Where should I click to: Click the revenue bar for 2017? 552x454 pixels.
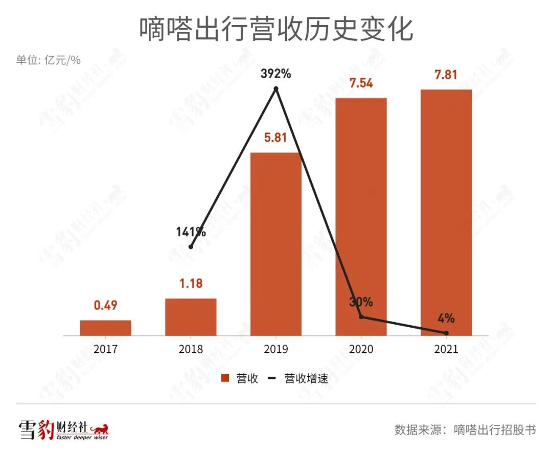[x=106, y=328]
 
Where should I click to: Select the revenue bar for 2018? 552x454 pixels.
[x=191, y=317]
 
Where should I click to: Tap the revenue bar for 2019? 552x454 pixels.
[x=276, y=244]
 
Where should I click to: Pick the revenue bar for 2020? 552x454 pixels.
[x=361, y=217]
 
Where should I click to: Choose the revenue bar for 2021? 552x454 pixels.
[x=446, y=213]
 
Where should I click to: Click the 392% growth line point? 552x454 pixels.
[x=276, y=88]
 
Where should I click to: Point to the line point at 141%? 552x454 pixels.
[x=191, y=246]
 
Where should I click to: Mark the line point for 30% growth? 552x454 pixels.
[x=361, y=317]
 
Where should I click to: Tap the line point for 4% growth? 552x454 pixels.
[x=446, y=333]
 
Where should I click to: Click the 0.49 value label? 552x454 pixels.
[x=106, y=306]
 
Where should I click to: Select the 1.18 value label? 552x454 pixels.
[x=191, y=284]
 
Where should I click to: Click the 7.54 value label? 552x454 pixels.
[x=361, y=83]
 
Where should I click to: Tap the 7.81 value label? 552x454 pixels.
[x=446, y=75]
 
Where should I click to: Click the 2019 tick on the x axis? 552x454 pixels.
[x=276, y=349]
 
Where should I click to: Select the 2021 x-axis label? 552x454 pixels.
[x=446, y=349]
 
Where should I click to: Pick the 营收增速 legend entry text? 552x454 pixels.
[x=306, y=379]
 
